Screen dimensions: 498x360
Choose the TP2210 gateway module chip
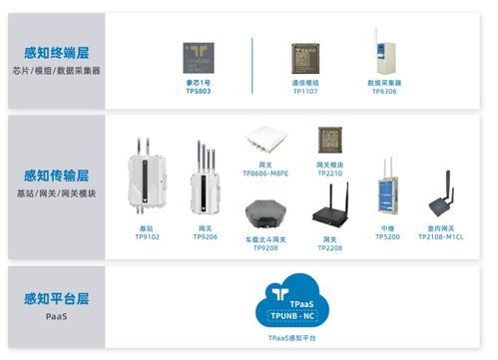[x=329, y=141]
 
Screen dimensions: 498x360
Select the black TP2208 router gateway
[x=329, y=212]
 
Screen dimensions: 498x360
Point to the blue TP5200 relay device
[x=387, y=199]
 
